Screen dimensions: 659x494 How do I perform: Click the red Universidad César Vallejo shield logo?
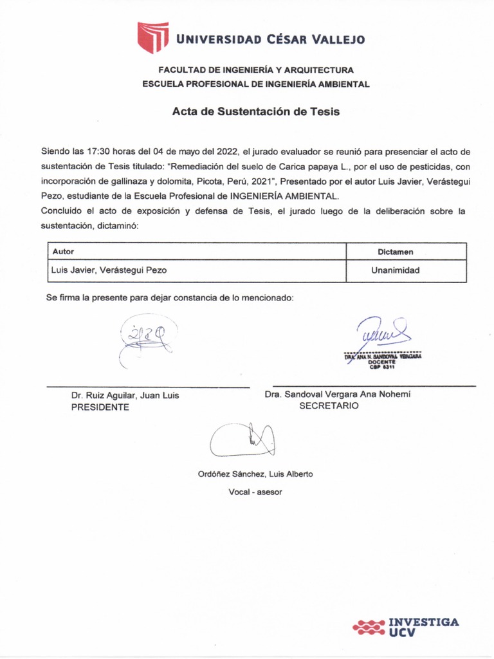tap(152, 37)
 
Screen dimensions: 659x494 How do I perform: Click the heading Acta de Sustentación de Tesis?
tap(255, 111)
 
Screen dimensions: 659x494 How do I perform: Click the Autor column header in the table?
tap(63, 252)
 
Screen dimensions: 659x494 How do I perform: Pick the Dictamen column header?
tap(395, 252)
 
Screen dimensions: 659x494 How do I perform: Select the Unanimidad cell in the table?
tap(395, 270)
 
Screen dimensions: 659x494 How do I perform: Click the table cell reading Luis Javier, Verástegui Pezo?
tap(109, 270)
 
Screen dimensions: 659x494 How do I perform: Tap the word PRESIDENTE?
tap(100, 407)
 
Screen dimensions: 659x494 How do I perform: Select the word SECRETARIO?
tap(329, 406)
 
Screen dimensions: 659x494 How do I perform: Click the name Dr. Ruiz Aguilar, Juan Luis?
tap(125, 396)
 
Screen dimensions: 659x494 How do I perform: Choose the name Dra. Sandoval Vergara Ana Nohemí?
tap(337, 394)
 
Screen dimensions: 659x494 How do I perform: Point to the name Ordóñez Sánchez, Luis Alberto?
tap(255, 474)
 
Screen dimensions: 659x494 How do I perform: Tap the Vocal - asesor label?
tap(255, 492)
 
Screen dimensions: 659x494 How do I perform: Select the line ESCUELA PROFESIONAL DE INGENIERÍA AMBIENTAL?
tap(255, 84)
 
